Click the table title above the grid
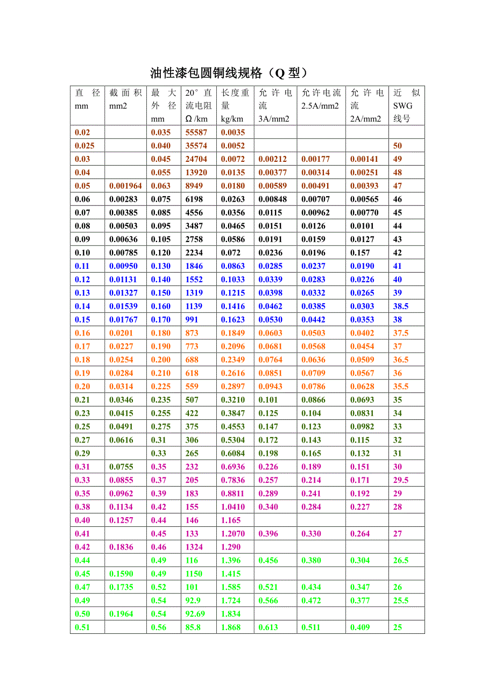tap(228, 73)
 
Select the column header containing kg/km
tap(235, 105)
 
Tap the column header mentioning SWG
tap(406, 105)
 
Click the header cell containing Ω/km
tap(199, 105)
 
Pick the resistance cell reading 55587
tap(196, 132)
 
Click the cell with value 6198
tap(194, 199)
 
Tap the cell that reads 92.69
tap(195, 613)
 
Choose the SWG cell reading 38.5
tap(401, 306)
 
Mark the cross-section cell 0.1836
tap(122, 547)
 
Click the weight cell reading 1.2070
tap(233, 533)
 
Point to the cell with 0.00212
tap(273, 159)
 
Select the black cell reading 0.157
tap(360, 253)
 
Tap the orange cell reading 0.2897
tap(233, 387)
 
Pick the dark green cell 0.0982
tap(362, 426)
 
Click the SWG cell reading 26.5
tap(401, 560)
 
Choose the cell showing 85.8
tap(192, 627)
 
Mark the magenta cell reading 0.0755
tap(122, 467)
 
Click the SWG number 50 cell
tap(398, 146)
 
